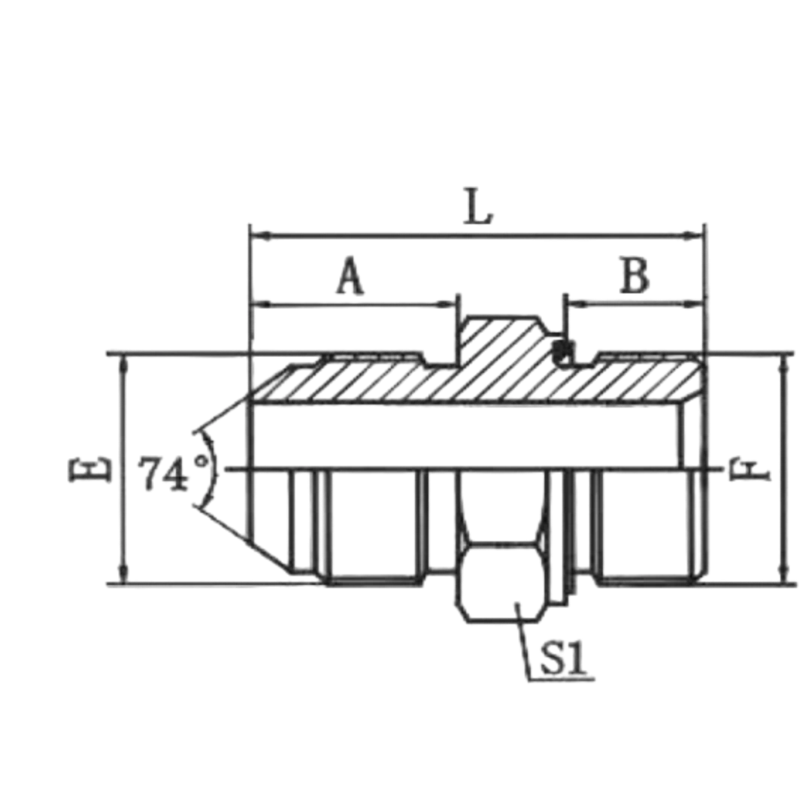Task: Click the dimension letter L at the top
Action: point(478,207)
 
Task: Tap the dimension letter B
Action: point(635,275)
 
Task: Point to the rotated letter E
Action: point(89,468)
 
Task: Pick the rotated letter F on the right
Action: point(750,470)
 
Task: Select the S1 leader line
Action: point(523,641)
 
